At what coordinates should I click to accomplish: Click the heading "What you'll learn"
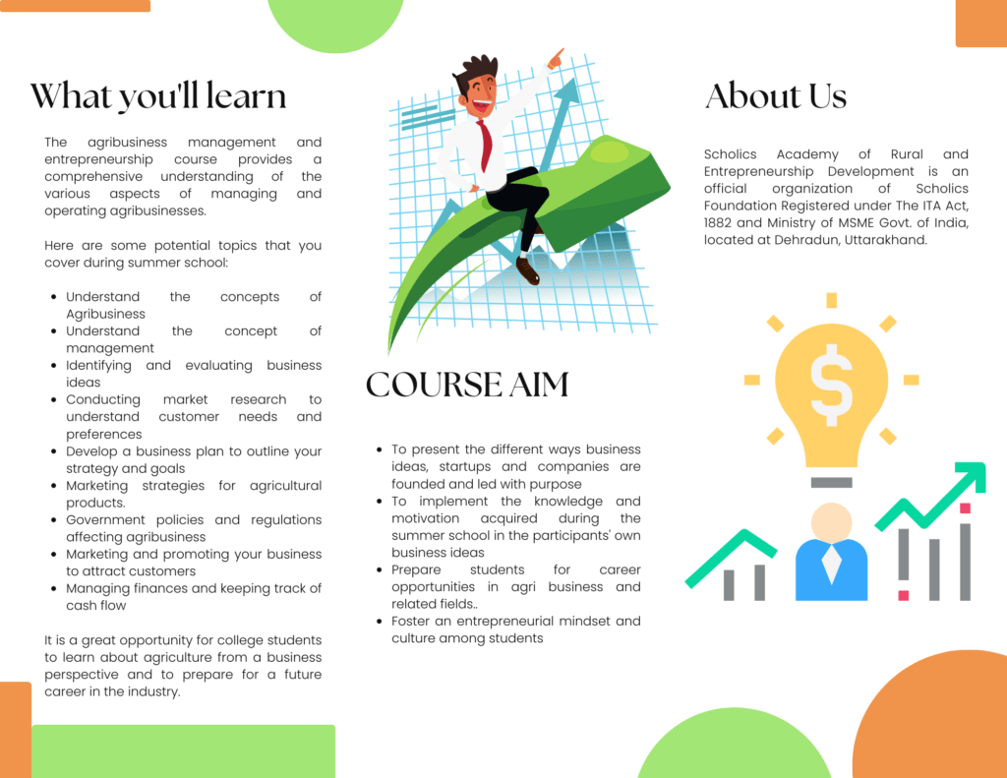158,96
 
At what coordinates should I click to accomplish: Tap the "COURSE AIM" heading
467,385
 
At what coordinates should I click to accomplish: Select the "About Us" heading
776,95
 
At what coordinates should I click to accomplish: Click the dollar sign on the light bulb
832,385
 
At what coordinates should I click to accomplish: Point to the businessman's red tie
485,146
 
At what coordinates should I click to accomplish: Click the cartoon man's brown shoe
527,269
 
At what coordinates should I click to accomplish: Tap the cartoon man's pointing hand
555,59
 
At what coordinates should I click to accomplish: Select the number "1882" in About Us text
718,223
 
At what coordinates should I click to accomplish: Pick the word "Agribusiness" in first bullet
105,314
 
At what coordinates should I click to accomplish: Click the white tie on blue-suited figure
832,564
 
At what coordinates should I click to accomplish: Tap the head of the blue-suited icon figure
832,523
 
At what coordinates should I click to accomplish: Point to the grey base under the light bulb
832,483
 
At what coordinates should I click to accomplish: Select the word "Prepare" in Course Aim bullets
416,570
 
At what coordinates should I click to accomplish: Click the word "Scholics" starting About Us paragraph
731,154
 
